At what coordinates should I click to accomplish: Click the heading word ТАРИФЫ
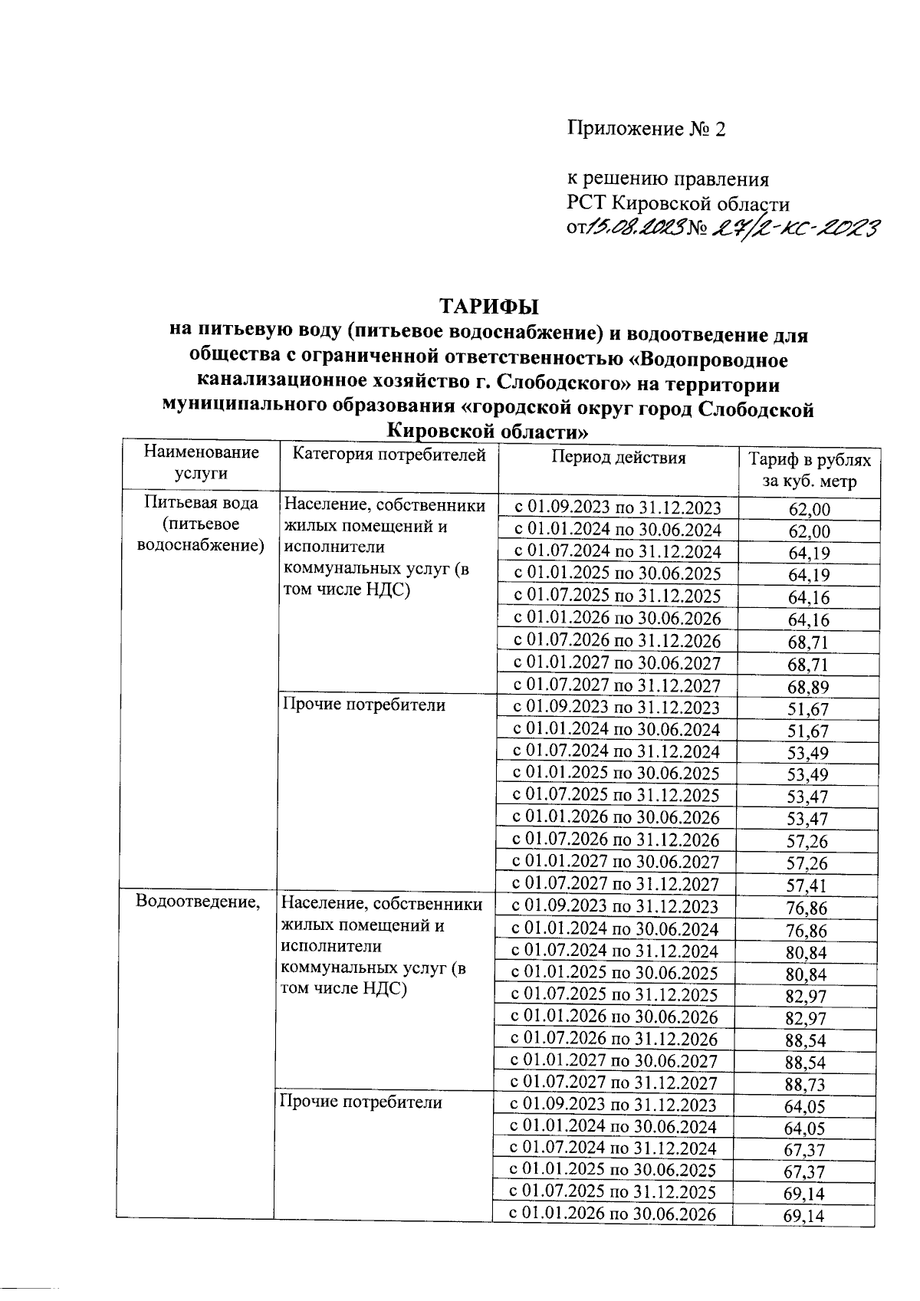click(489, 307)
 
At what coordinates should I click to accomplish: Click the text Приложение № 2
click(646, 129)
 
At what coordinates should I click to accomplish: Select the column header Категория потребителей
click(389, 456)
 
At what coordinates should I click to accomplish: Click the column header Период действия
click(618, 458)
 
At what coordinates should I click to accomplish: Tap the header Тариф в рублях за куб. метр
click(810, 470)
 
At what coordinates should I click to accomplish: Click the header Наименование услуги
click(201, 462)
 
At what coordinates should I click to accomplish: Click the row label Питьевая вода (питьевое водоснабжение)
click(201, 524)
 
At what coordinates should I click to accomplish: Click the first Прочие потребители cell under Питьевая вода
click(364, 705)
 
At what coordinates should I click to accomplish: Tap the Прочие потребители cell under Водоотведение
click(361, 1102)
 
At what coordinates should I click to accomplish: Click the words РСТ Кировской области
click(678, 204)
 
